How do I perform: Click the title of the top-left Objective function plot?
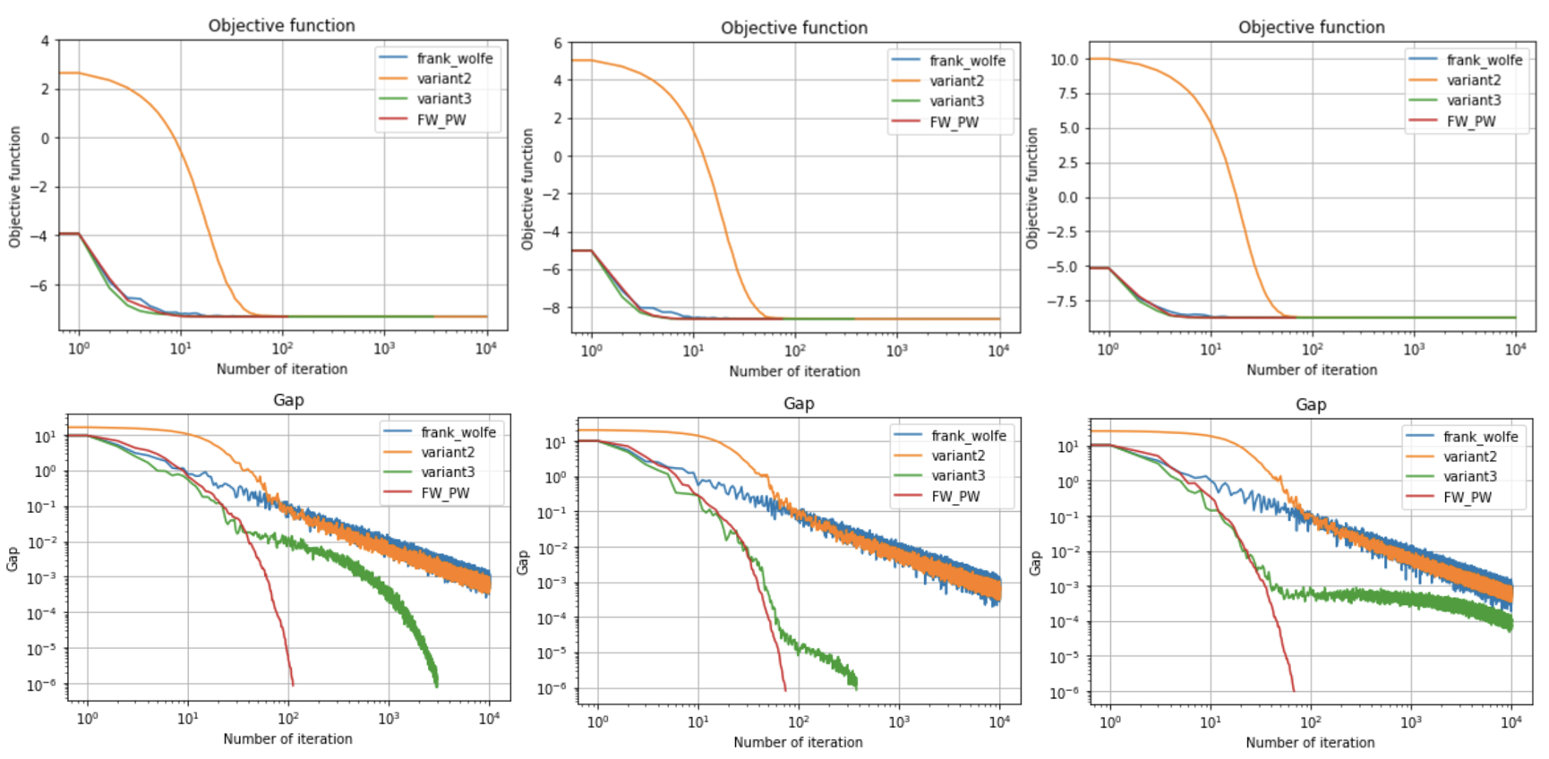point(281,25)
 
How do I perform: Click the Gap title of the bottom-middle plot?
point(799,403)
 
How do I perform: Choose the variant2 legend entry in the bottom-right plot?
point(1469,456)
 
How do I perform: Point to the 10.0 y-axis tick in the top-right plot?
point(1064,59)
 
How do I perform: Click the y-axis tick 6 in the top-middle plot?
point(558,43)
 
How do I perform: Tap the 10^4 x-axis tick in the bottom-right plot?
point(1511,722)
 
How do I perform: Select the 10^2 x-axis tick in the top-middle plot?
point(794,351)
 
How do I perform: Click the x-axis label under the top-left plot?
point(281,369)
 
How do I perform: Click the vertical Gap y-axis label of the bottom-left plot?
point(13,559)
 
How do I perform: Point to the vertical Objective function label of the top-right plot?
point(1031,188)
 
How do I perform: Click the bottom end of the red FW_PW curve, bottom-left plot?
point(293,685)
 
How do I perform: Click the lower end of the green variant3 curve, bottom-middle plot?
point(857,687)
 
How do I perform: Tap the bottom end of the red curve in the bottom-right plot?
point(1294,690)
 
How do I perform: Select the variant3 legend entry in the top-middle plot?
point(956,101)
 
